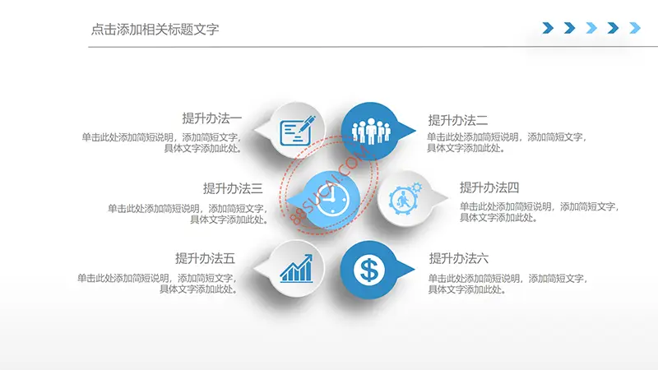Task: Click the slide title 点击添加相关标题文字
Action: pos(155,30)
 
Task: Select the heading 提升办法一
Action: pos(212,118)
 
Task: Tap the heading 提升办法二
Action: pos(458,120)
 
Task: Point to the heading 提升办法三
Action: pos(233,188)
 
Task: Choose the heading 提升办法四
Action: pos(489,187)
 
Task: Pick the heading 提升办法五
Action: pos(205,258)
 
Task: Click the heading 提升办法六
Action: pos(459,258)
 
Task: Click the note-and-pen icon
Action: pos(297,131)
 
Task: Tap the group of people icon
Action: pos(371,131)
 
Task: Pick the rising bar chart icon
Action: pos(296,269)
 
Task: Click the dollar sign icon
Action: pos(368,270)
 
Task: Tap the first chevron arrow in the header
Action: pos(548,28)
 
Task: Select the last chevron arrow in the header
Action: pos(635,28)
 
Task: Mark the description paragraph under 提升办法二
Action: pos(506,142)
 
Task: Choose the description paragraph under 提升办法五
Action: pos(157,284)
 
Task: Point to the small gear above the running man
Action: pos(416,187)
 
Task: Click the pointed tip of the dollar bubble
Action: pos(415,269)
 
